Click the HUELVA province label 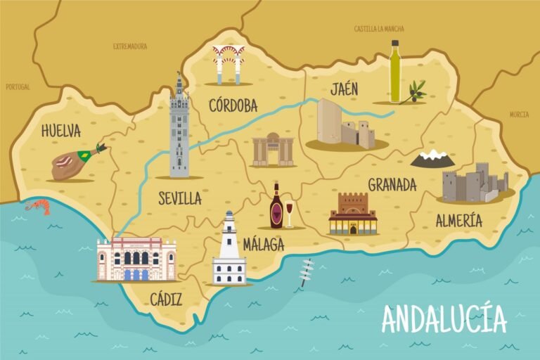(60, 131)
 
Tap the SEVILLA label (179, 198)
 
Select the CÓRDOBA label (233, 106)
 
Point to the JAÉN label (344, 89)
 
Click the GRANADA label (392, 185)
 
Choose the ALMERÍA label (458, 221)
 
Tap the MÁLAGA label (263, 245)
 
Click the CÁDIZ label (166, 300)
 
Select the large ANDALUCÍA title (444, 319)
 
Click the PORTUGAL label (18, 87)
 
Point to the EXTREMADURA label (130, 46)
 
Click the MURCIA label (519, 114)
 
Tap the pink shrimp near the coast (38, 205)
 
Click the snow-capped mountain (432, 159)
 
